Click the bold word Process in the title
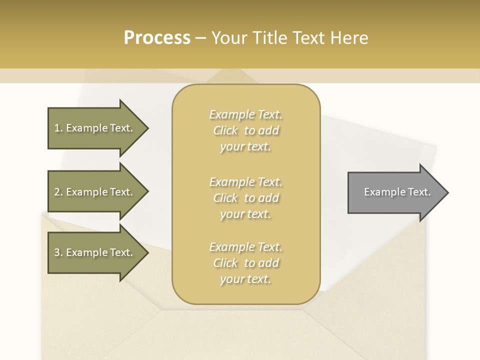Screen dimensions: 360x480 pyautogui.click(x=157, y=38)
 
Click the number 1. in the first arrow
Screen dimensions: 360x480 pyautogui.click(x=58, y=128)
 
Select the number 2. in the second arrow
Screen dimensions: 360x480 pyautogui.click(x=58, y=192)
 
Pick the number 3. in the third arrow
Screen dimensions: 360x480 pyautogui.click(x=58, y=252)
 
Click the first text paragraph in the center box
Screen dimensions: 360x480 pyautogui.click(x=246, y=130)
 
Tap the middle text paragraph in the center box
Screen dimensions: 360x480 pyautogui.click(x=246, y=198)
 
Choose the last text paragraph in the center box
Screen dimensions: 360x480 pyautogui.click(x=246, y=263)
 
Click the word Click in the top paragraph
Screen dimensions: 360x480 pyautogui.click(x=225, y=130)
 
